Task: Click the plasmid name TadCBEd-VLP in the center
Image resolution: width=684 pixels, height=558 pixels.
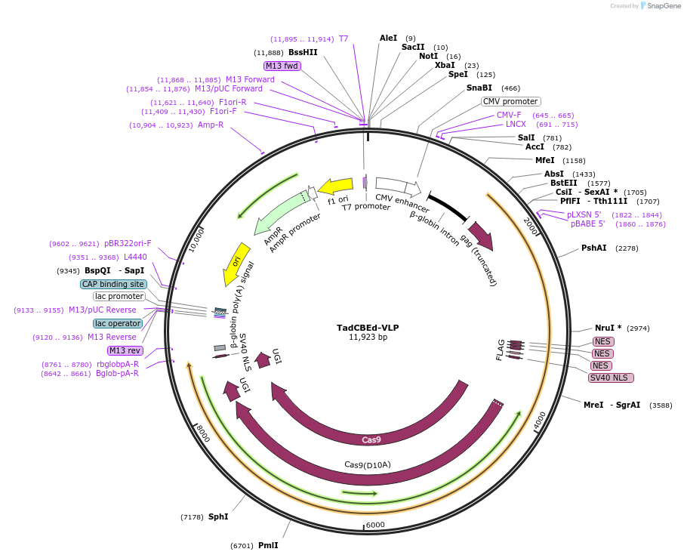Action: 368,328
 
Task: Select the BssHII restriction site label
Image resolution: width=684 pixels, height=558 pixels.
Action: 303,52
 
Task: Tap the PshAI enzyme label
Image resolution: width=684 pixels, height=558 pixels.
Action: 593,248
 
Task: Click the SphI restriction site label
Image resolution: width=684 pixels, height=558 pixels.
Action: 218,516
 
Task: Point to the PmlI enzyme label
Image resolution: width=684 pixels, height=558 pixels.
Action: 268,545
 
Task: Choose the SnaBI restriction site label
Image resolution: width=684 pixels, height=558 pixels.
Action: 479,88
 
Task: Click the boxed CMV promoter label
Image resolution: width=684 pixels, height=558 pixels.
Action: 510,101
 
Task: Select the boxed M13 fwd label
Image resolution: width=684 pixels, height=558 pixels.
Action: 282,66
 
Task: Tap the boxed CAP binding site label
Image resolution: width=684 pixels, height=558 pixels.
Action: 113,284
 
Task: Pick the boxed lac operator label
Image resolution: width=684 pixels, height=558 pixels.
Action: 118,323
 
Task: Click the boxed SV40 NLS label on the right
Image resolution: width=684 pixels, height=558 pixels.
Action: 611,378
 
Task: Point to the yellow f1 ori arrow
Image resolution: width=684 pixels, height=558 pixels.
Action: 335,186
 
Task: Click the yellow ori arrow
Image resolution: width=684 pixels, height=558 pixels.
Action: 236,264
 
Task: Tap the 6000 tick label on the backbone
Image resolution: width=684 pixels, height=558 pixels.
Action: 375,525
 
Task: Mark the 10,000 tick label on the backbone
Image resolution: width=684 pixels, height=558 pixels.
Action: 196,241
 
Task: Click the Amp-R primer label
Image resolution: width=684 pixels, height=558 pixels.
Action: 211,125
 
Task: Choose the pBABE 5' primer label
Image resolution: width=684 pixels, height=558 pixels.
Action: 588,224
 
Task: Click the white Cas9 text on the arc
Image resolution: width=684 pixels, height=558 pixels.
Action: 371,439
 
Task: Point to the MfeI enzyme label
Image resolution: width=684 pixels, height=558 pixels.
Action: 545,160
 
